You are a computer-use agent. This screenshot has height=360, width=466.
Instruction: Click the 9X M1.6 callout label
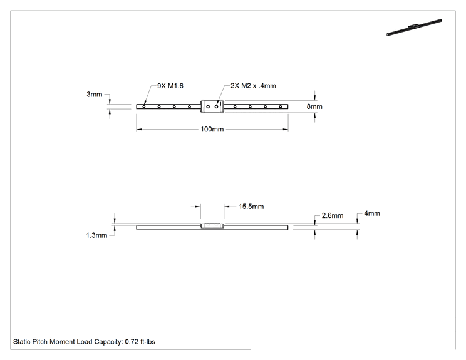170,86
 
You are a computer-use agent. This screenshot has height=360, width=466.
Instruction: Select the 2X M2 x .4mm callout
253,86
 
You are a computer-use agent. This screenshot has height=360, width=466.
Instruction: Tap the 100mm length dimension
212,129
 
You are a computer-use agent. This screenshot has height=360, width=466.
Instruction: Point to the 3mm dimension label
94,94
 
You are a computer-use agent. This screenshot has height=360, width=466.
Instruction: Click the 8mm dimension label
314,106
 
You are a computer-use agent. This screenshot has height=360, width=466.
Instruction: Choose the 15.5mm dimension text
251,207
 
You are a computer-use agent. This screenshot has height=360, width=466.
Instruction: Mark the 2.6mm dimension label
333,215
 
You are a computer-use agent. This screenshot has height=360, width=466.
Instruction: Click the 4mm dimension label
372,213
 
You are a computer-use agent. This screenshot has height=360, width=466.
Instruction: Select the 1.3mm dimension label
96,235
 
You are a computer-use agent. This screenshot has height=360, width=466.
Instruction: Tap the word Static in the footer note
22,342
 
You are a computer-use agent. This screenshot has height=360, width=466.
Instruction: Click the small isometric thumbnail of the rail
414,28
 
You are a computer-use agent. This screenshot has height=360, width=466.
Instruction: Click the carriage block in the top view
212,106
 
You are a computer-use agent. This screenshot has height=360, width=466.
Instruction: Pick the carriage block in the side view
212,226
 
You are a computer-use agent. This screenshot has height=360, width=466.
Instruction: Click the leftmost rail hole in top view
144,106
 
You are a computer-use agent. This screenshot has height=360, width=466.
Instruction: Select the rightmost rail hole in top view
280,106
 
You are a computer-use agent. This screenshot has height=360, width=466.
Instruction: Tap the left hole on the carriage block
208,106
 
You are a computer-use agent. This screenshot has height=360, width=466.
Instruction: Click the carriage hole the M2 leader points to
216,106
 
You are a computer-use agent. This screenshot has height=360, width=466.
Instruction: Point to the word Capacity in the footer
108,342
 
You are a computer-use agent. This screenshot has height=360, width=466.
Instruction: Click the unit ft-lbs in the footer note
148,342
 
